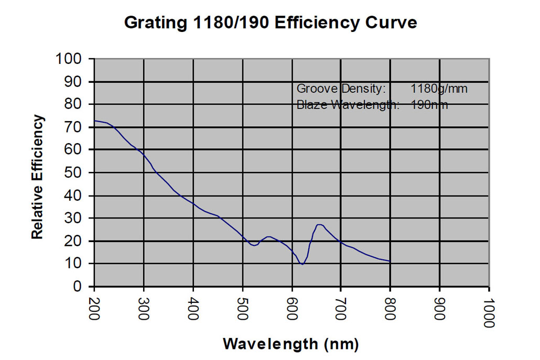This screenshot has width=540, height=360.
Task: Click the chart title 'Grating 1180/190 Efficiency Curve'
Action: (x=270, y=23)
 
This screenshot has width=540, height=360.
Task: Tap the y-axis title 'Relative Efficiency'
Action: (x=37, y=177)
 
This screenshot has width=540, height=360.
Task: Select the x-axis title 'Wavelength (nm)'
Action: (x=291, y=344)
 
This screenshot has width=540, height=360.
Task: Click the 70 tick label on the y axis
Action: (x=74, y=127)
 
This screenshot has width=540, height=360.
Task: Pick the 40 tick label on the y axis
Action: (x=74, y=195)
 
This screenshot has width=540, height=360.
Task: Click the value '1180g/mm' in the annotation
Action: (x=439, y=89)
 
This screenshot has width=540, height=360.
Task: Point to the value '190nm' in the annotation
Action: (x=430, y=104)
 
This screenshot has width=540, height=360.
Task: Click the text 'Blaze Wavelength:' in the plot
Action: (x=348, y=104)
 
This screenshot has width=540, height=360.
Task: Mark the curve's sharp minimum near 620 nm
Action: (x=302, y=265)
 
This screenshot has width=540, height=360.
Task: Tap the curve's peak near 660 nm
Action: (x=319, y=224)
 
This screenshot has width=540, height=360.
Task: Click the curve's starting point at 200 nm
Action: (x=94, y=121)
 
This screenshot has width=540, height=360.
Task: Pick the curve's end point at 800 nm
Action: (x=390, y=261)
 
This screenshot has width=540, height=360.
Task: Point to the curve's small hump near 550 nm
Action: (x=268, y=237)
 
